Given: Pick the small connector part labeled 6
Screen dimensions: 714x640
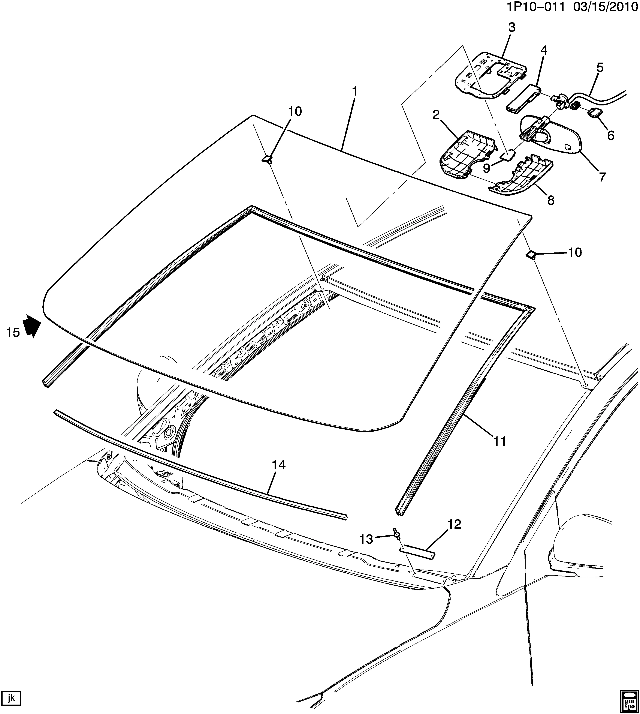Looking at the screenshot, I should tap(596, 113).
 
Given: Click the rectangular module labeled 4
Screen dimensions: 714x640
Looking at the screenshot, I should tap(523, 98).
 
